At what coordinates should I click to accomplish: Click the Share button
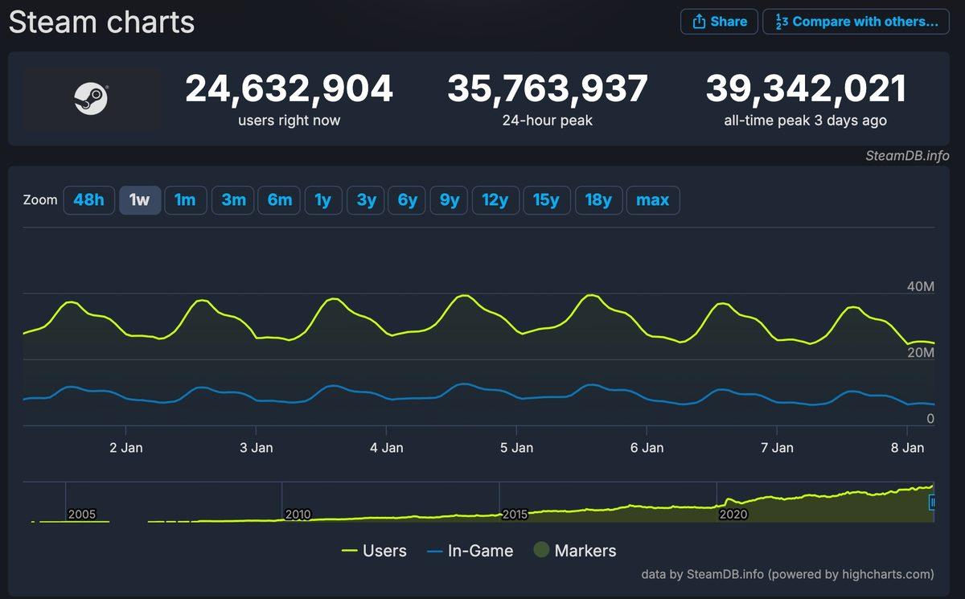coord(719,22)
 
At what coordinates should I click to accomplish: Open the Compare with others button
coord(856,22)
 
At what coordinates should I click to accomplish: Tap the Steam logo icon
coord(91,100)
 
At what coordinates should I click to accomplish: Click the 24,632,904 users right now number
coord(289,89)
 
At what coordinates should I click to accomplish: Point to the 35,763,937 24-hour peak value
coord(548,89)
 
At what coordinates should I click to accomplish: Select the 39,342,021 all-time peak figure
coord(807,89)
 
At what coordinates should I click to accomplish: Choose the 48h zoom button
coord(88,200)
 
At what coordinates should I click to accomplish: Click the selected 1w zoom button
coord(140,200)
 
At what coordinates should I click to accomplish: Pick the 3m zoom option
coord(233,200)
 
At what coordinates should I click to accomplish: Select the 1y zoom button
coord(322,200)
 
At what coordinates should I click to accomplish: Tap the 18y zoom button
coord(597,200)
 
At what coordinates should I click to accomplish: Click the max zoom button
coord(652,200)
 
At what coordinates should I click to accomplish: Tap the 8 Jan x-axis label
coord(908,448)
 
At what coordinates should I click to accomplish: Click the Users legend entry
coord(374,551)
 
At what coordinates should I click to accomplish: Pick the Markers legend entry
coord(575,551)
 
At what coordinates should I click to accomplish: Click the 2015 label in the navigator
coord(515,514)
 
